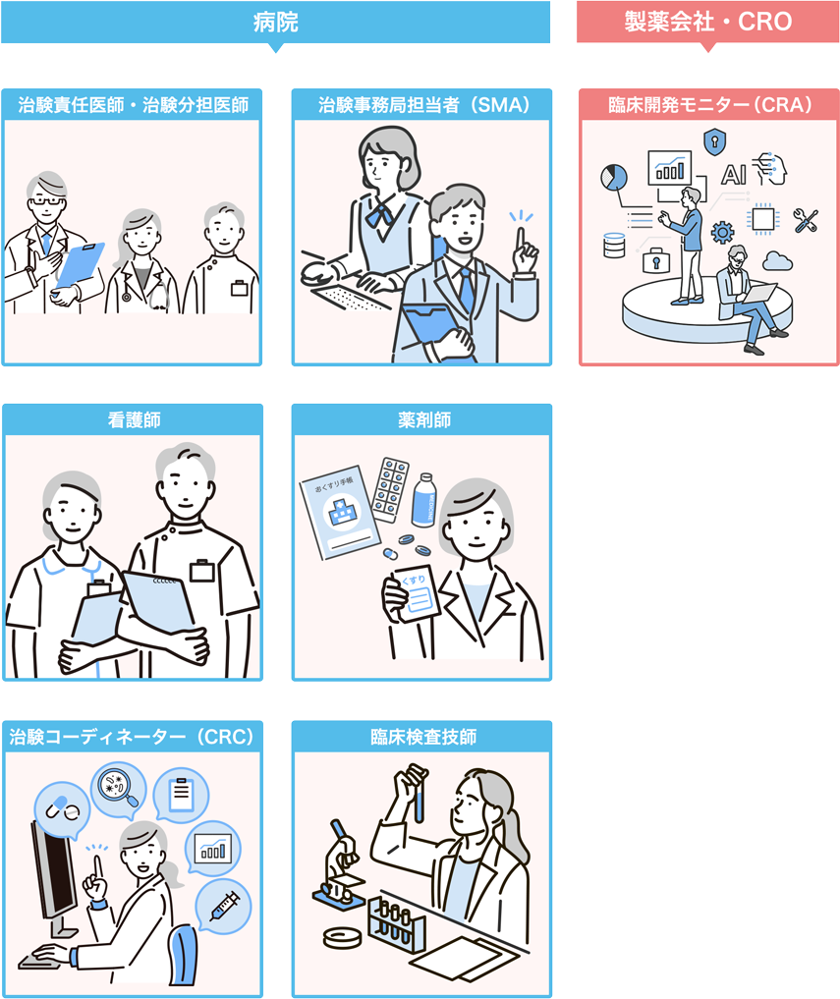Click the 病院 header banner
[275, 23]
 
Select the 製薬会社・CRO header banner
[707, 23]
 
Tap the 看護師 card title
[134, 419]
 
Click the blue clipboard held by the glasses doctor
[79, 265]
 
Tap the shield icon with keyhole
[714, 141]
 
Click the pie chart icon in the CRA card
[614, 177]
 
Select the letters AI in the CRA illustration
[734, 174]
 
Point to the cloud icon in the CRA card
[777, 260]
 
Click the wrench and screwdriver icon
[806, 220]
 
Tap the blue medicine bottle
[423, 500]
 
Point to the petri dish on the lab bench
[342, 937]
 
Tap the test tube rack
[396, 923]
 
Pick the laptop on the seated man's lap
[758, 294]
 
